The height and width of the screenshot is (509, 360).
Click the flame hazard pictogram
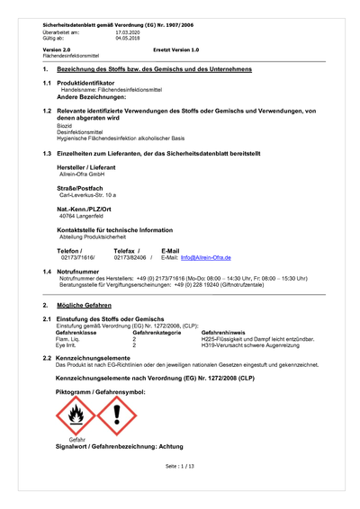click(74, 415)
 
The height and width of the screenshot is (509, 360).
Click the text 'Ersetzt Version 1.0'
click(176, 50)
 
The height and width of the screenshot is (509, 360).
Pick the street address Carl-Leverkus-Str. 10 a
click(87, 195)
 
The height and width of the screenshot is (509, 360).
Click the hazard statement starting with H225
click(257, 339)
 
